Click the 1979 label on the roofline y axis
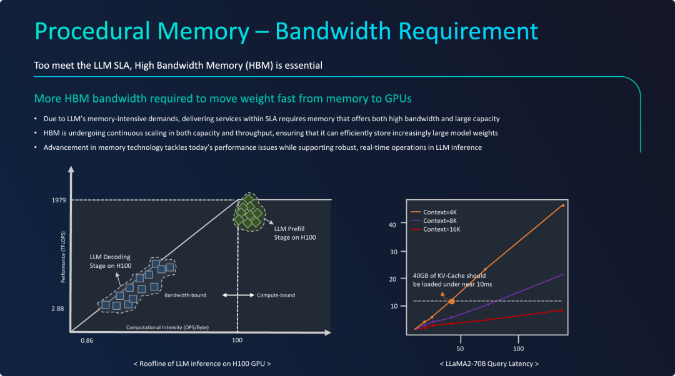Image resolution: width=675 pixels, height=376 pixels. (x=59, y=200)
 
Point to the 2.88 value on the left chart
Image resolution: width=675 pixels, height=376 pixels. (x=57, y=309)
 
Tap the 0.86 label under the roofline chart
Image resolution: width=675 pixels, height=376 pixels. (x=87, y=340)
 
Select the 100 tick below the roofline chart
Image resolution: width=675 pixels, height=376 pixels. (x=237, y=340)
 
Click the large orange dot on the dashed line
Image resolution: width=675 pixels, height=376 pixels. (x=452, y=301)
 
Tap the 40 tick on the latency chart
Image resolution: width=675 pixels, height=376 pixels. (x=392, y=225)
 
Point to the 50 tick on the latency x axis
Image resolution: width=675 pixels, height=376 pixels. (x=460, y=349)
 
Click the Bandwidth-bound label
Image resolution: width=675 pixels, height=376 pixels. (x=185, y=295)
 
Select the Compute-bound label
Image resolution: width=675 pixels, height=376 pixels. (x=276, y=295)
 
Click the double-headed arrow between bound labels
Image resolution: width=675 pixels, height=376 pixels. (x=238, y=295)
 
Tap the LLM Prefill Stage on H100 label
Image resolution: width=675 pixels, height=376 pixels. (x=295, y=233)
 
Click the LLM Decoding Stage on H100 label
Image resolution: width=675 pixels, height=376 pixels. (x=111, y=261)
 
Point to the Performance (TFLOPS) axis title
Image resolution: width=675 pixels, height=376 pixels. (x=63, y=257)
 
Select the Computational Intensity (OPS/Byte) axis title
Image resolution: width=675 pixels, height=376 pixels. (x=167, y=327)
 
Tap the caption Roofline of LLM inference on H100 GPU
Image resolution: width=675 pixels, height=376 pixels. (x=202, y=364)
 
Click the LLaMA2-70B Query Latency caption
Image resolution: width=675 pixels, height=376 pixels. (x=489, y=364)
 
